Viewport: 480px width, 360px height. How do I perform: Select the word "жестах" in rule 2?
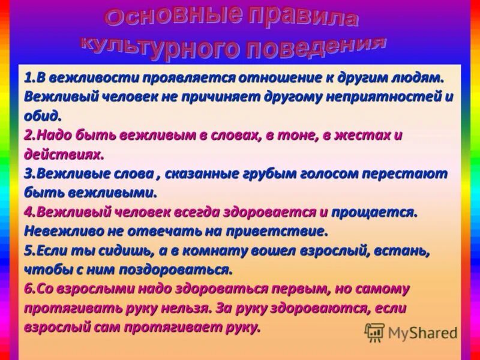click(x=364, y=135)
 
